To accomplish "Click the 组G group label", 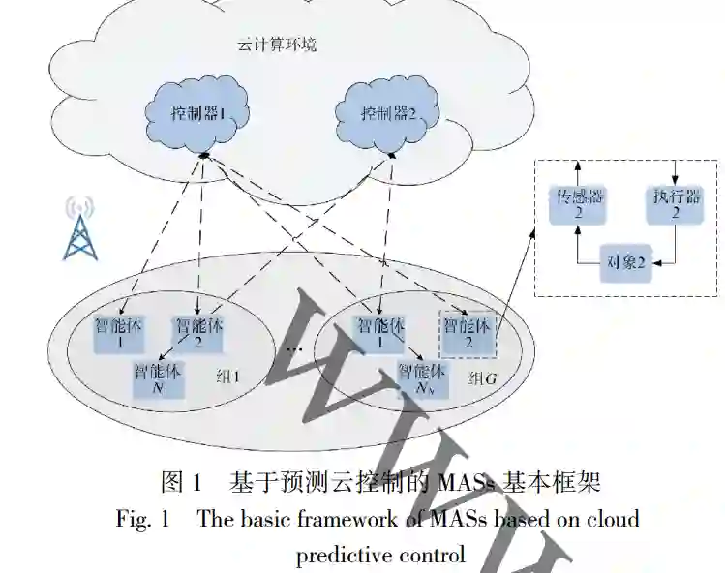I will pyautogui.click(x=481, y=377).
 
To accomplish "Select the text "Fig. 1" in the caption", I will pyautogui.click(x=142, y=518).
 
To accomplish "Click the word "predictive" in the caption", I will pyautogui.click(x=341, y=555).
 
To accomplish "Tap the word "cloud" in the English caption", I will pyautogui.click(x=611, y=518).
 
